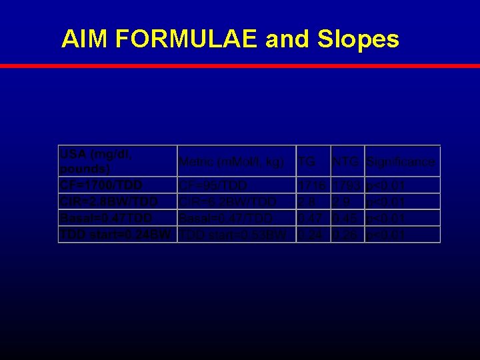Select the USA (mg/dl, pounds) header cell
(x=117, y=161)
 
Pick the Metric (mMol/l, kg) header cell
(x=237, y=161)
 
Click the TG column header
(x=313, y=161)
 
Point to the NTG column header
(x=347, y=161)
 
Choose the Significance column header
(x=402, y=161)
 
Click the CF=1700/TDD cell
(x=117, y=185)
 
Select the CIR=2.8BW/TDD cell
(x=117, y=201)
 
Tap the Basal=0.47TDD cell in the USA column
(x=117, y=218)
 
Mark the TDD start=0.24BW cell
(x=117, y=235)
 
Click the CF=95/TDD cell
(x=237, y=185)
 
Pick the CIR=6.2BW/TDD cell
(x=237, y=201)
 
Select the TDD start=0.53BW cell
(x=237, y=235)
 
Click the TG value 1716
(x=313, y=185)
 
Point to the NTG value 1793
(x=347, y=185)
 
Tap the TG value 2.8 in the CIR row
(x=313, y=201)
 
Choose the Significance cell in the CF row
(x=402, y=185)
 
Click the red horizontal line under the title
(x=240, y=66)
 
